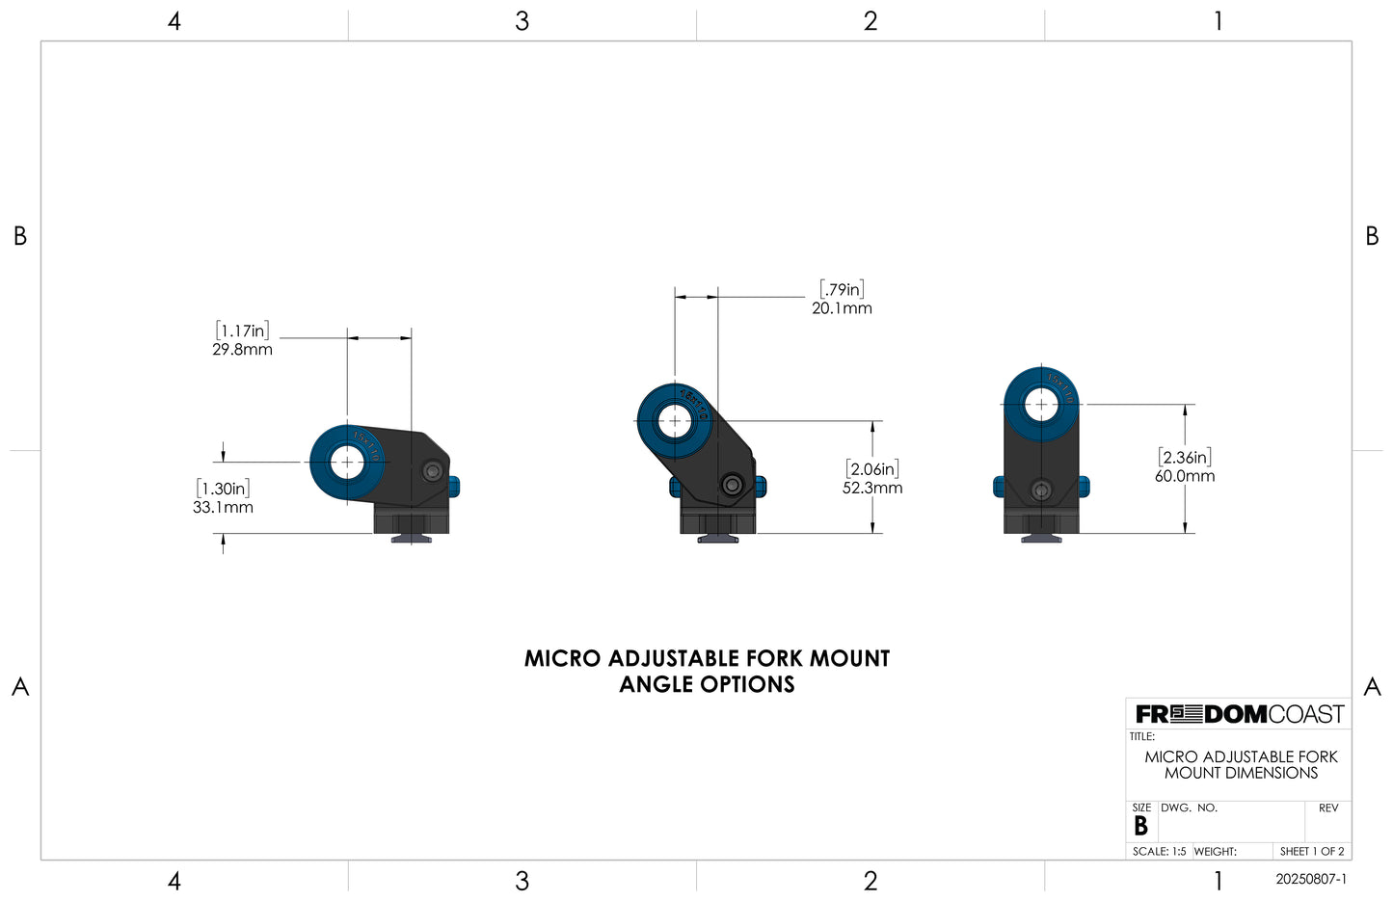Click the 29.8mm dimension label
click(x=242, y=350)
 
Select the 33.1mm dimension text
click(x=223, y=508)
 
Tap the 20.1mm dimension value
click(x=842, y=308)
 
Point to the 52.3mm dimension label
click(x=872, y=488)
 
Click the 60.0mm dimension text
click(x=1185, y=476)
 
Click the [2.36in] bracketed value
click(x=1185, y=458)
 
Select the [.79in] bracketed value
click(x=842, y=289)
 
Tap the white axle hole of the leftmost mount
click(x=347, y=463)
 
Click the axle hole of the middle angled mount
click(x=674, y=421)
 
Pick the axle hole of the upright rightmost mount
click(x=1040, y=404)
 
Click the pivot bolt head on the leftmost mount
click(x=434, y=472)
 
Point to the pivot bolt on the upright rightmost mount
click(x=1040, y=490)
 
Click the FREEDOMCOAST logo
click(x=1239, y=714)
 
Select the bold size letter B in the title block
click(x=1140, y=827)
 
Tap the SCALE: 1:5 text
click(x=1159, y=852)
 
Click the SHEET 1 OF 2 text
click(x=1311, y=852)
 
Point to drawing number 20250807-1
click(x=1310, y=880)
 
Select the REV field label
click(x=1328, y=808)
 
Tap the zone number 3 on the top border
click(x=522, y=21)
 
